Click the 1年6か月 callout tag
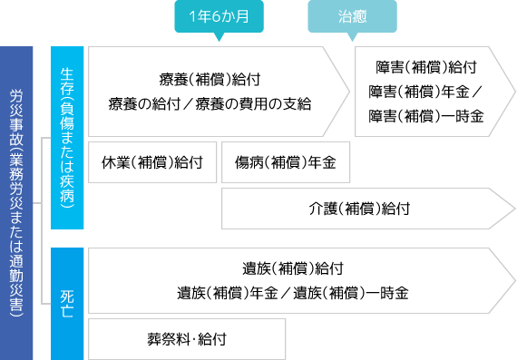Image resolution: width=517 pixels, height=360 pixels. coord(217,17)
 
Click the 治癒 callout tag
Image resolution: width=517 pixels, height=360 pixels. coord(352,17)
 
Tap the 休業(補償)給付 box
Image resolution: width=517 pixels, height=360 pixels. coord(153,164)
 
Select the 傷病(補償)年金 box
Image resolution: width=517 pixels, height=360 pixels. coord(285,164)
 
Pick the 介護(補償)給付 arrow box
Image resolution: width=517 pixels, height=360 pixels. coord(363,209)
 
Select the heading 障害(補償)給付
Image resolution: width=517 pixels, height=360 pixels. coord(426,67)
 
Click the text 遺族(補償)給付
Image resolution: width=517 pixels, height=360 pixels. coord(293,268)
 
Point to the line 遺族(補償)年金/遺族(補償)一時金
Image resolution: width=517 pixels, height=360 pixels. coord(293,293)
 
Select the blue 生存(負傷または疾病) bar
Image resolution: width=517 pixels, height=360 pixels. coord(68,136)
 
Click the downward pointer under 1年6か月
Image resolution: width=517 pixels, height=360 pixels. coord(217,38)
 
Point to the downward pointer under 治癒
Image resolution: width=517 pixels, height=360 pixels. coord(352,38)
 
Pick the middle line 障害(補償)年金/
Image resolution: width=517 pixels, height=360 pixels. coord(426,92)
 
